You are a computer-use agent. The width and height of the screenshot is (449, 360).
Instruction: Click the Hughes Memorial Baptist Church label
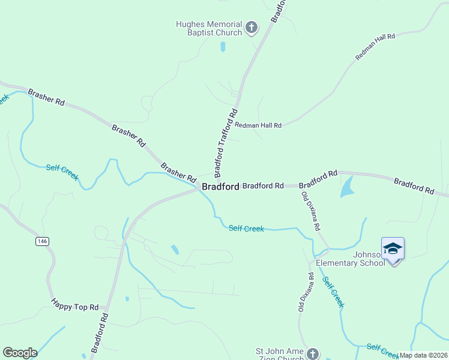tap(208, 28)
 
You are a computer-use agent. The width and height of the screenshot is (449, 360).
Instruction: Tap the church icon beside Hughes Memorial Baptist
tap(251, 28)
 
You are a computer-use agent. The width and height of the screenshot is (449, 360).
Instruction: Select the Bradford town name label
tap(220, 187)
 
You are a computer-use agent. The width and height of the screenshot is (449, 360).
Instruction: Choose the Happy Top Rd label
tap(74, 307)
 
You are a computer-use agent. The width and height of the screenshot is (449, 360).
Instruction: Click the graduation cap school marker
tap(393, 248)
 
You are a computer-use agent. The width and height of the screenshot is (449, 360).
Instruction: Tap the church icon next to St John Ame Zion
tap(312, 353)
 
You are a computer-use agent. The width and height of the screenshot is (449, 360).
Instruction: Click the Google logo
tap(20, 353)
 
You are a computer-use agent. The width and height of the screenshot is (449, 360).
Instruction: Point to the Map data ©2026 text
tap(423, 355)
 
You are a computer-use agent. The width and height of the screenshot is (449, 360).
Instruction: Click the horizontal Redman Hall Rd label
tap(258, 125)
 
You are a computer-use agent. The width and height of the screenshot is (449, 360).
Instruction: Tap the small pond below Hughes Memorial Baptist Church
tap(223, 46)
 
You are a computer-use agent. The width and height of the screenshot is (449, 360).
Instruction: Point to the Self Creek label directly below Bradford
tap(246, 228)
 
